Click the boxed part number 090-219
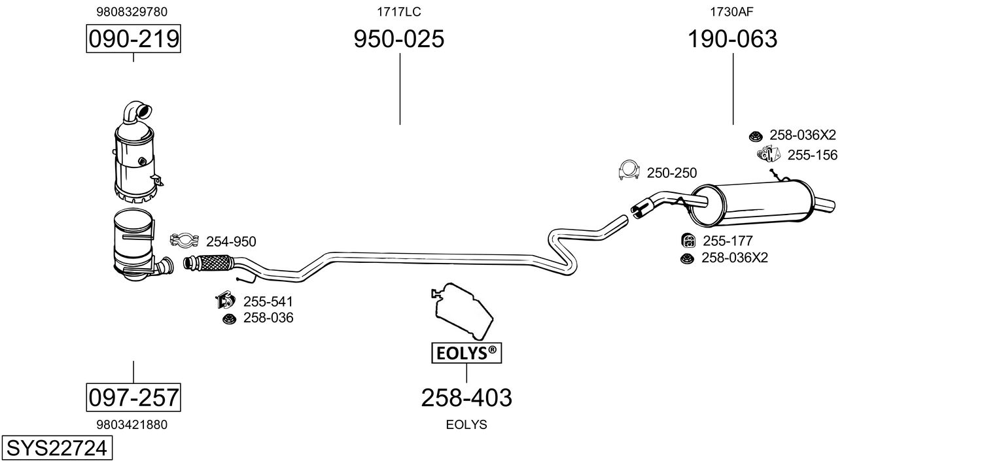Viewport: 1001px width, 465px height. [133, 39]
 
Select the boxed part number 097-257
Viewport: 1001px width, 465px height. [133, 397]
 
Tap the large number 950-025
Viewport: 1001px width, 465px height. [399, 39]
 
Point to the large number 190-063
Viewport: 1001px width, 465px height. [732, 39]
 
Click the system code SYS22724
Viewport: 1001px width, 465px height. [56, 449]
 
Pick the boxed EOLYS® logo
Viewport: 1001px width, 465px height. [466, 354]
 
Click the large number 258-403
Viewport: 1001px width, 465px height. [466, 397]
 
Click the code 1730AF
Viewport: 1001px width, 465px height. [732, 12]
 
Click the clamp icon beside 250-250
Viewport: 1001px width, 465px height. [628, 171]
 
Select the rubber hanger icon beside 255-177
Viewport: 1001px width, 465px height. [688, 241]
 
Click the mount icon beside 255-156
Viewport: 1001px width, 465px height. [769, 154]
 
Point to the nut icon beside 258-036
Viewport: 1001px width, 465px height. [228, 319]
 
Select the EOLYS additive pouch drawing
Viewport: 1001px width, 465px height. [462, 311]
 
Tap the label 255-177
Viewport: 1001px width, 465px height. [728, 241]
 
